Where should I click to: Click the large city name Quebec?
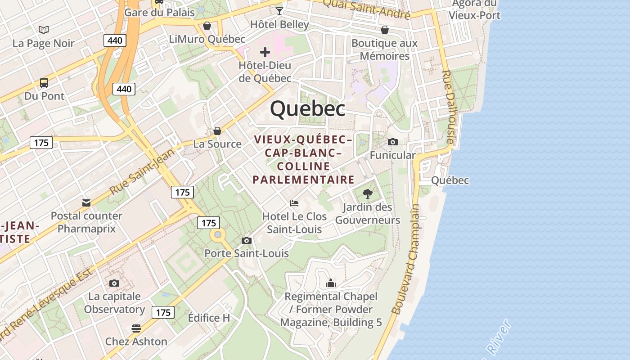(308, 109)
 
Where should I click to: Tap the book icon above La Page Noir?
(44, 30)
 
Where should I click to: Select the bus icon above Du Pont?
(44, 83)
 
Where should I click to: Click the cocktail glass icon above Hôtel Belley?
(279, 10)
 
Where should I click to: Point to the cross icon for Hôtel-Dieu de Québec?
(265, 52)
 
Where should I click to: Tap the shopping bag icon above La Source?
(217, 131)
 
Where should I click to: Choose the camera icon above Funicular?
(392, 142)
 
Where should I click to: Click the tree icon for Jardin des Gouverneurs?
(368, 194)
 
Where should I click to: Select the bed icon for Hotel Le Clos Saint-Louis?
(294, 203)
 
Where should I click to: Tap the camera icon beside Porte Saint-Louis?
(246, 240)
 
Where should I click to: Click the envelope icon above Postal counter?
(86, 202)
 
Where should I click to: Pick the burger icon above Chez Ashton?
(136, 328)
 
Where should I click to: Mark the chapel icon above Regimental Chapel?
(331, 283)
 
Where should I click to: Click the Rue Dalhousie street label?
(449, 107)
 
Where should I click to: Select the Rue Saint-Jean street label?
(142, 172)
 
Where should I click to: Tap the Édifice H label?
(209, 318)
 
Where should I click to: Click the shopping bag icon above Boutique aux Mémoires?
(385, 30)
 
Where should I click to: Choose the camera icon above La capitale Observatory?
(114, 283)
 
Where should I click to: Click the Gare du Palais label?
(159, 12)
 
